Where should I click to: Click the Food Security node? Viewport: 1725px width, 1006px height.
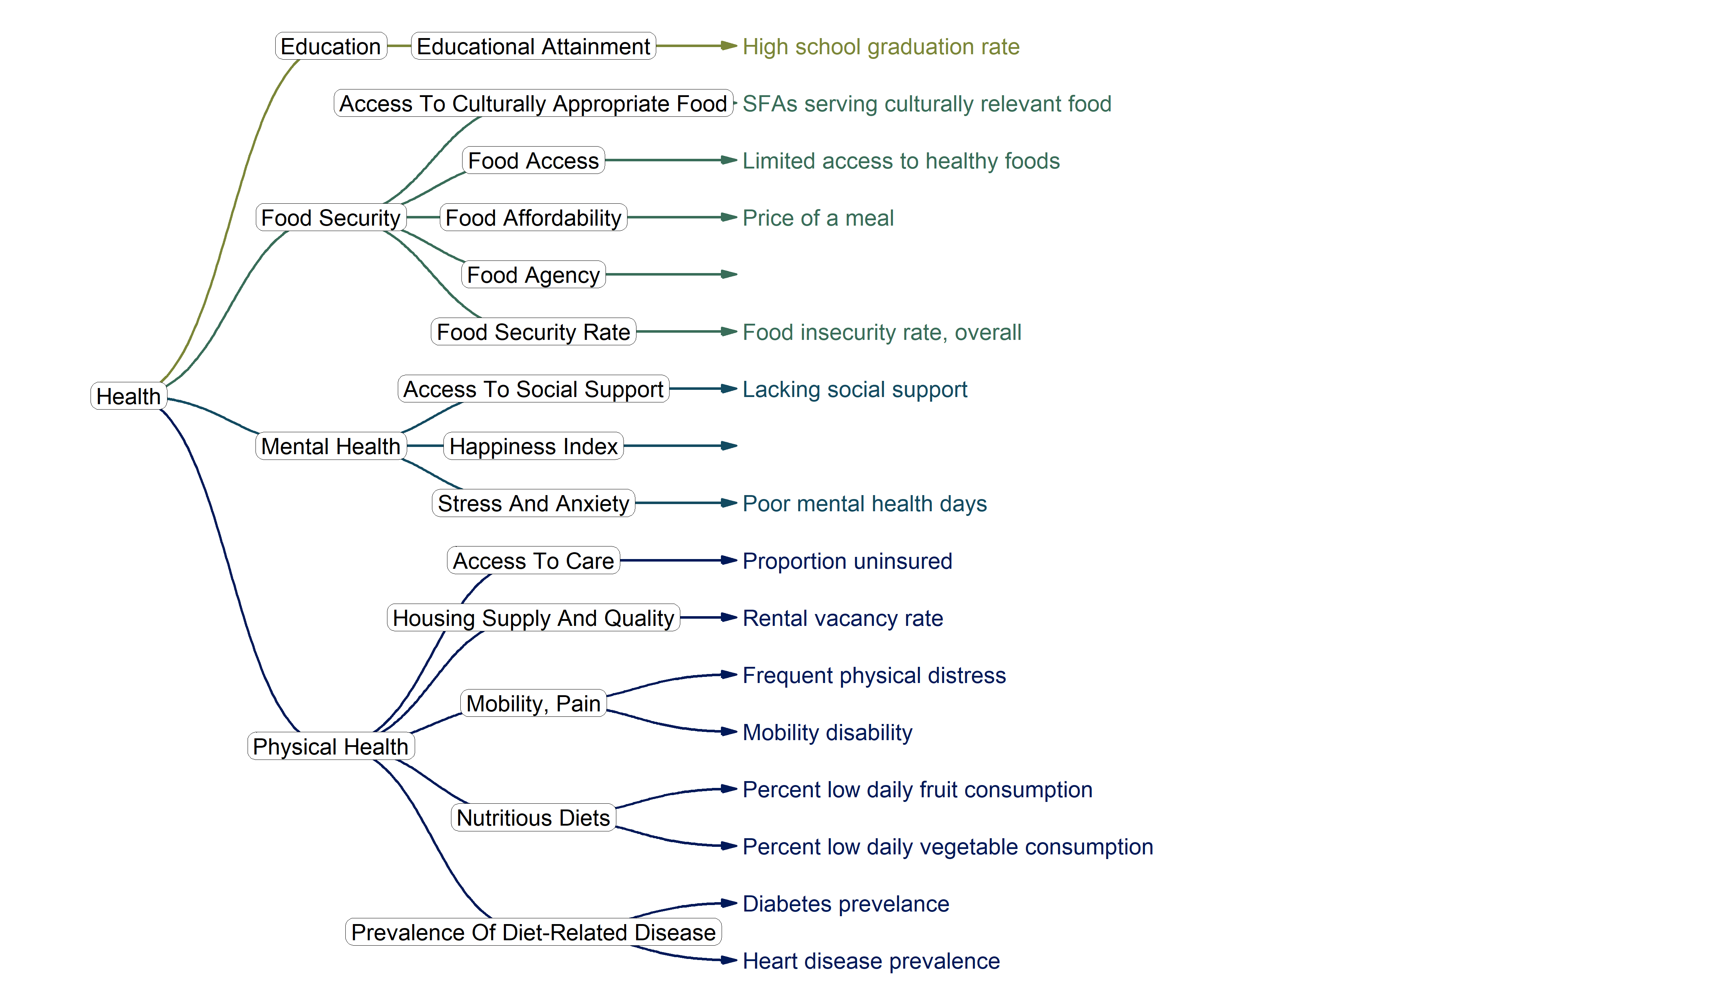[x=331, y=218]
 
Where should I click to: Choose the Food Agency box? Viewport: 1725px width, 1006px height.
[x=533, y=274]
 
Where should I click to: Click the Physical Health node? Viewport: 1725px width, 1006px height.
[x=331, y=746]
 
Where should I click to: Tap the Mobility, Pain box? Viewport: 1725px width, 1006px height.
[x=533, y=703]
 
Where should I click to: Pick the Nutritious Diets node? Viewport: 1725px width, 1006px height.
[x=533, y=817]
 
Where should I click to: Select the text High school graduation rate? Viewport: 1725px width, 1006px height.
[x=881, y=47]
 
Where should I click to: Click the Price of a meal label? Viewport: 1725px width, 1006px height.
[x=818, y=218]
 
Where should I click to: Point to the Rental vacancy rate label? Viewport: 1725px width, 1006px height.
[x=843, y=618]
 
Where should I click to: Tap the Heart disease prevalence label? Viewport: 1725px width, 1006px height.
[x=871, y=961]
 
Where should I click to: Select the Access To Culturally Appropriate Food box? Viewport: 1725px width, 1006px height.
[x=533, y=103]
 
